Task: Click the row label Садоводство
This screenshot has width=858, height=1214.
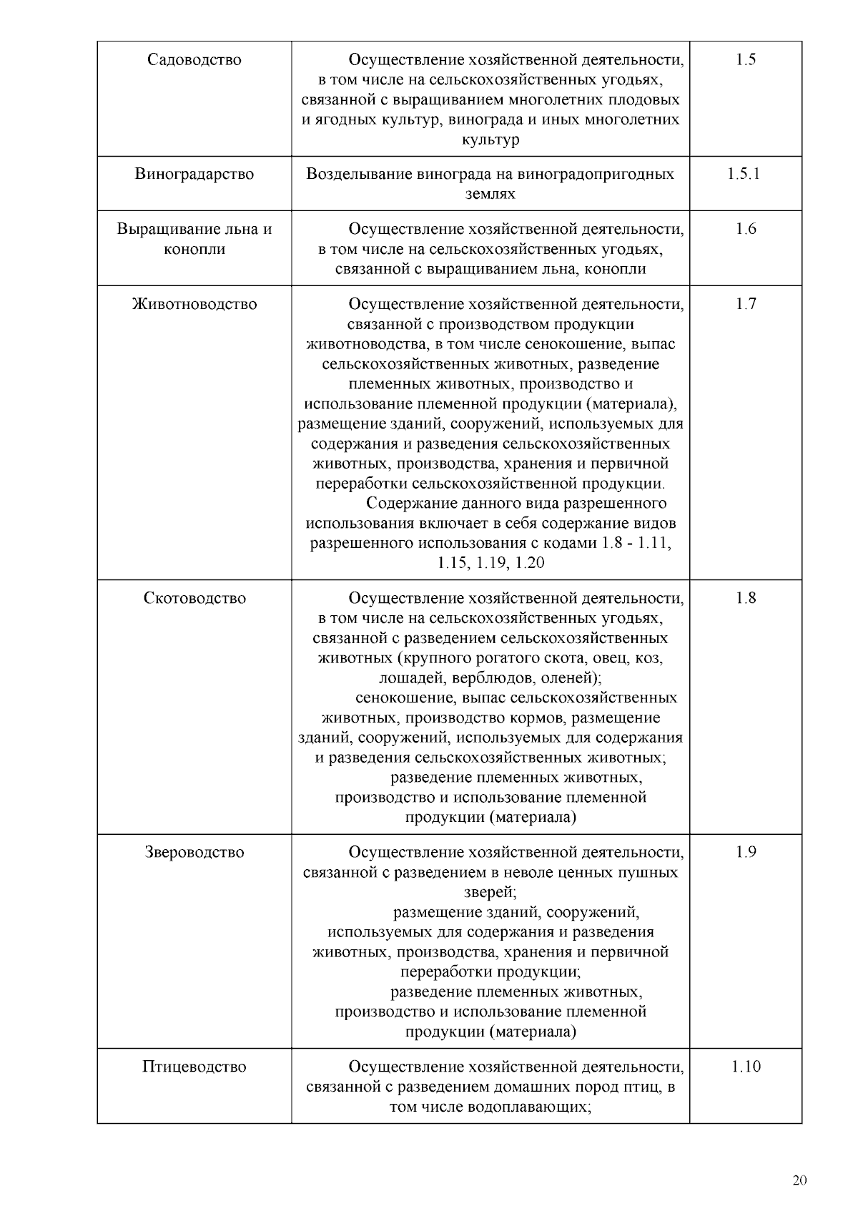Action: coord(194,60)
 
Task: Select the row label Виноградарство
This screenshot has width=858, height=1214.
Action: coord(194,175)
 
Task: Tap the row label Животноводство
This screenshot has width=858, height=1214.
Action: coord(194,305)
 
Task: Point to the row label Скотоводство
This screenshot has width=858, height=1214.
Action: coord(194,599)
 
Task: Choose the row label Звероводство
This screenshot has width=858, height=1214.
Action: coord(194,853)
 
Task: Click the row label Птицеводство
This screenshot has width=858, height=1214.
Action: coord(194,1067)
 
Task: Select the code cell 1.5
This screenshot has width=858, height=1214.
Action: coord(745,60)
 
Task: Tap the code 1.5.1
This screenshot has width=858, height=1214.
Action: coord(745,175)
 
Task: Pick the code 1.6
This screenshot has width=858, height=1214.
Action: coord(745,230)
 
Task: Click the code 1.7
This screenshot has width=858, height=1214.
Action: coord(745,305)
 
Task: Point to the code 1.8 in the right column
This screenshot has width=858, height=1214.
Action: coord(745,599)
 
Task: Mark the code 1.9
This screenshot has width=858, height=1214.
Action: coord(745,853)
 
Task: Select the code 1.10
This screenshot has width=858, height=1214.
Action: coord(745,1067)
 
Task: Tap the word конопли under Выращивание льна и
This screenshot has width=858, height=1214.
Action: coord(194,250)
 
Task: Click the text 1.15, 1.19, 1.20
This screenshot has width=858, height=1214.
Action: coord(490,564)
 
